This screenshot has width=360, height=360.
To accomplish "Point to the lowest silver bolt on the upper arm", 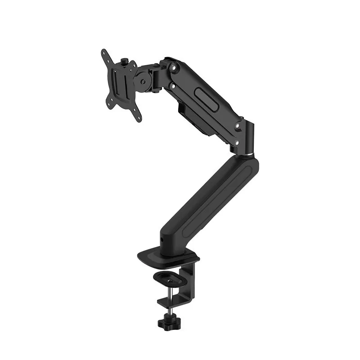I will pos(236,143).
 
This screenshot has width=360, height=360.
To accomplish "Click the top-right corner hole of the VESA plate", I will pos(135,66).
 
